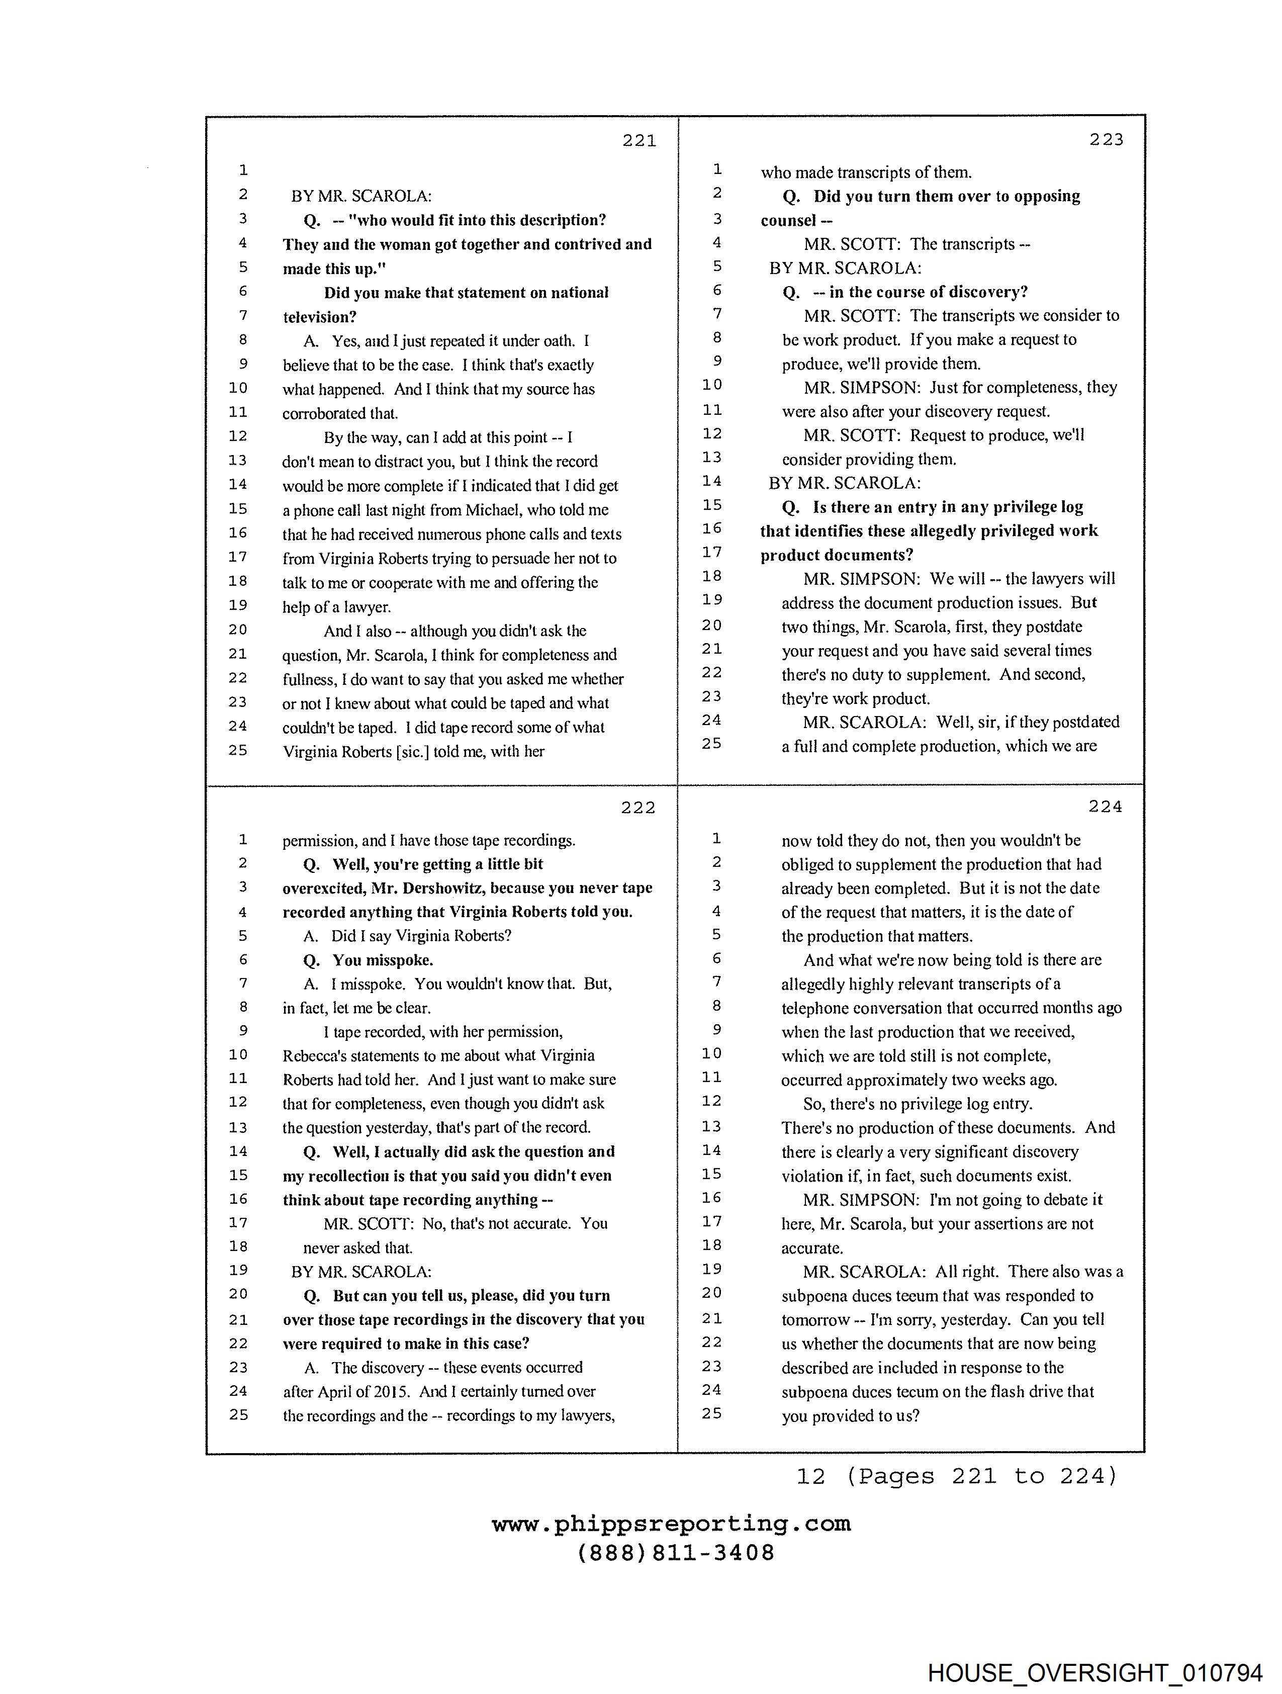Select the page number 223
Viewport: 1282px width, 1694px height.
(x=1106, y=139)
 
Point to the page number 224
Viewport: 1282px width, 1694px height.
(x=1105, y=807)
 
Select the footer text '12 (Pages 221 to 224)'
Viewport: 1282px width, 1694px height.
(x=957, y=1476)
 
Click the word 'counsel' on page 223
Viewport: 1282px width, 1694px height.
(x=788, y=221)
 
